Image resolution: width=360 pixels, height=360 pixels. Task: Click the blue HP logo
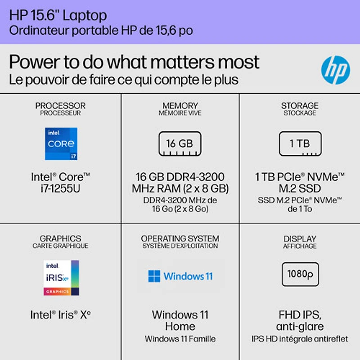[x=335, y=70]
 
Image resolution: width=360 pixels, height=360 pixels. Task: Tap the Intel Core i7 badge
[x=61, y=144]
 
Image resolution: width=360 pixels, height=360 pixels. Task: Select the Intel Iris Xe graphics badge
[x=61, y=278]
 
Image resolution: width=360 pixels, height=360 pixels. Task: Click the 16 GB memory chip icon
[x=180, y=144]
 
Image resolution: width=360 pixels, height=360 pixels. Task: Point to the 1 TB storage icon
[x=300, y=144]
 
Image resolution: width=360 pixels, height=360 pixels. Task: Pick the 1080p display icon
[x=300, y=274]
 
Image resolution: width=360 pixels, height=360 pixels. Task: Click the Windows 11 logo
[x=180, y=276]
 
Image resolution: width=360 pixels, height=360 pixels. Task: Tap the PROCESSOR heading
[x=60, y=106]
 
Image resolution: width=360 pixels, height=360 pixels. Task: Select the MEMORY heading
[x=180, y=106]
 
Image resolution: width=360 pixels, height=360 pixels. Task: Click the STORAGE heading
[x=300, y=106]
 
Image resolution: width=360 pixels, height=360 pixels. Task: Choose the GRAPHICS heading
[x=60, y=238]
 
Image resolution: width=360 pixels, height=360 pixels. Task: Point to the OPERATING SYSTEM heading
[x=180, y=238]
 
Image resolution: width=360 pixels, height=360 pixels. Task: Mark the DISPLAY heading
[x=300, y=238]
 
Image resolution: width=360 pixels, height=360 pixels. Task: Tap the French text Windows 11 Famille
[x=180, y=339]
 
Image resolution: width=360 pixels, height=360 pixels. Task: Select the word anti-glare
[x=300, y=326]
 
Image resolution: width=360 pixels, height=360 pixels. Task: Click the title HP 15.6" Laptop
[x=58, y=15]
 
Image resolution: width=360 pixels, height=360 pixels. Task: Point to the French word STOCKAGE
[x=300, y=113]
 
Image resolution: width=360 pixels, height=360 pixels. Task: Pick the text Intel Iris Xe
[x=61, y=315]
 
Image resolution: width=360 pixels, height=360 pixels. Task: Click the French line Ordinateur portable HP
[x=102, y=31]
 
